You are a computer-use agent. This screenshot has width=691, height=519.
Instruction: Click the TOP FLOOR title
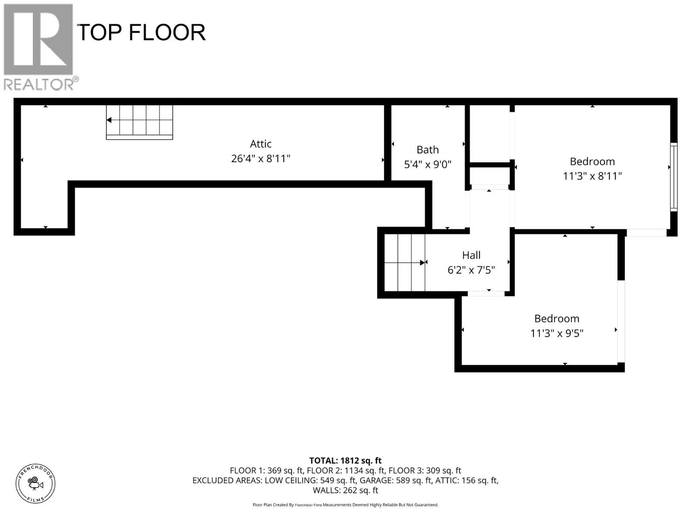coord(141,32)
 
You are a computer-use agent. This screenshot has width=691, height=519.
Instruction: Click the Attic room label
coord(260,144)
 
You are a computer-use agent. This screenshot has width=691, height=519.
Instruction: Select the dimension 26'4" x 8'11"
coord(260,159)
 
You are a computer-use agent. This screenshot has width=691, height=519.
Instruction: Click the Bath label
coord(428,150)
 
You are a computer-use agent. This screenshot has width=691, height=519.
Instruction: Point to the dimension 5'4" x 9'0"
coord(428,164)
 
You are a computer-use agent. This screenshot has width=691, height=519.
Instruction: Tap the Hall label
coord(471,255)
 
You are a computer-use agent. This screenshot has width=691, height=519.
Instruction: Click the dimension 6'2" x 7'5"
coord(471,270)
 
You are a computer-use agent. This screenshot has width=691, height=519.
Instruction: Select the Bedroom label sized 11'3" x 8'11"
coord(592,161)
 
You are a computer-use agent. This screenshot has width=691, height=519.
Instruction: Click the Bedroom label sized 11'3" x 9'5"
coord(557,318)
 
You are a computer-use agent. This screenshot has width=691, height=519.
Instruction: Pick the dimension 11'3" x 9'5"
coord(557,333)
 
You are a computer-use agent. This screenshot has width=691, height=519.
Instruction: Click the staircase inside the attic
coord(139,122)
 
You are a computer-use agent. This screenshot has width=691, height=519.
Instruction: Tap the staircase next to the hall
coord(405,263)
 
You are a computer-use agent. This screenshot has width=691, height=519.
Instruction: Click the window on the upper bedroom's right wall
coord(673,177)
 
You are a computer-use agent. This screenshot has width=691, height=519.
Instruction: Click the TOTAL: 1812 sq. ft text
coord(345,461)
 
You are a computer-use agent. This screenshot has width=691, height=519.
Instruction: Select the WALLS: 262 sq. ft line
coord(345,490)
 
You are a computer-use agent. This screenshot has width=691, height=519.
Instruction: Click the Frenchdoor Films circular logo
coord(35,483)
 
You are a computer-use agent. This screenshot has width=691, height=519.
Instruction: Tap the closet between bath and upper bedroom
coord(490,134)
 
